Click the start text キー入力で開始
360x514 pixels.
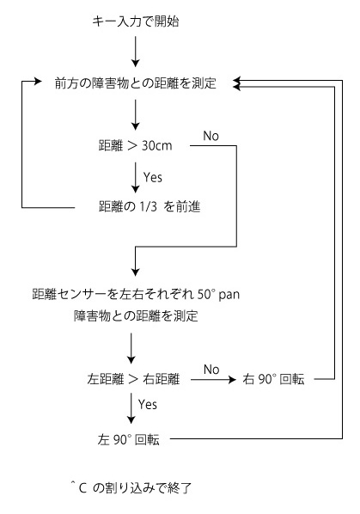point(135,21)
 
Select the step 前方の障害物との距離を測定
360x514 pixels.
point(135,83)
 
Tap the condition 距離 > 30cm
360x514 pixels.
point(135,145)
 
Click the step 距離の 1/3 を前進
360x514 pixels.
point(149,206)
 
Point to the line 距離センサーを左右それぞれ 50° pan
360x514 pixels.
point(136,294)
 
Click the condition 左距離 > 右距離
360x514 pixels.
point(133,379)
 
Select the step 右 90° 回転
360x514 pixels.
point(273,379)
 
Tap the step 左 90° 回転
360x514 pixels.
point(128,439)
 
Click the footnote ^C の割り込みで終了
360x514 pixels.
point(131,488)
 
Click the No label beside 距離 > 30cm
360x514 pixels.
point(211,136)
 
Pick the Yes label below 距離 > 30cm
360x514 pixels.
point(153,177)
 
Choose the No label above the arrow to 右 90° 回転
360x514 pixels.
point(211,370)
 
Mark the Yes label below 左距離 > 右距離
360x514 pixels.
point(148,405)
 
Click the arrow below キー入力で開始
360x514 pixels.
point(135,52)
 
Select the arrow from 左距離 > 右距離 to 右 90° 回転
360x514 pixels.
point(213,380)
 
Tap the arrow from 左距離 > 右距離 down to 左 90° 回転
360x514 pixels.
point(131,408)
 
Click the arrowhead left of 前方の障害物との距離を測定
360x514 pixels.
point(39,81)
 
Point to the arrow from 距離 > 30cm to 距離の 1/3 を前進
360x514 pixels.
point(135,178)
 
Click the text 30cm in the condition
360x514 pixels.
point(157,145)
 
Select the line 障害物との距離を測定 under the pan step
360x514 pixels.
point(136,316)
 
